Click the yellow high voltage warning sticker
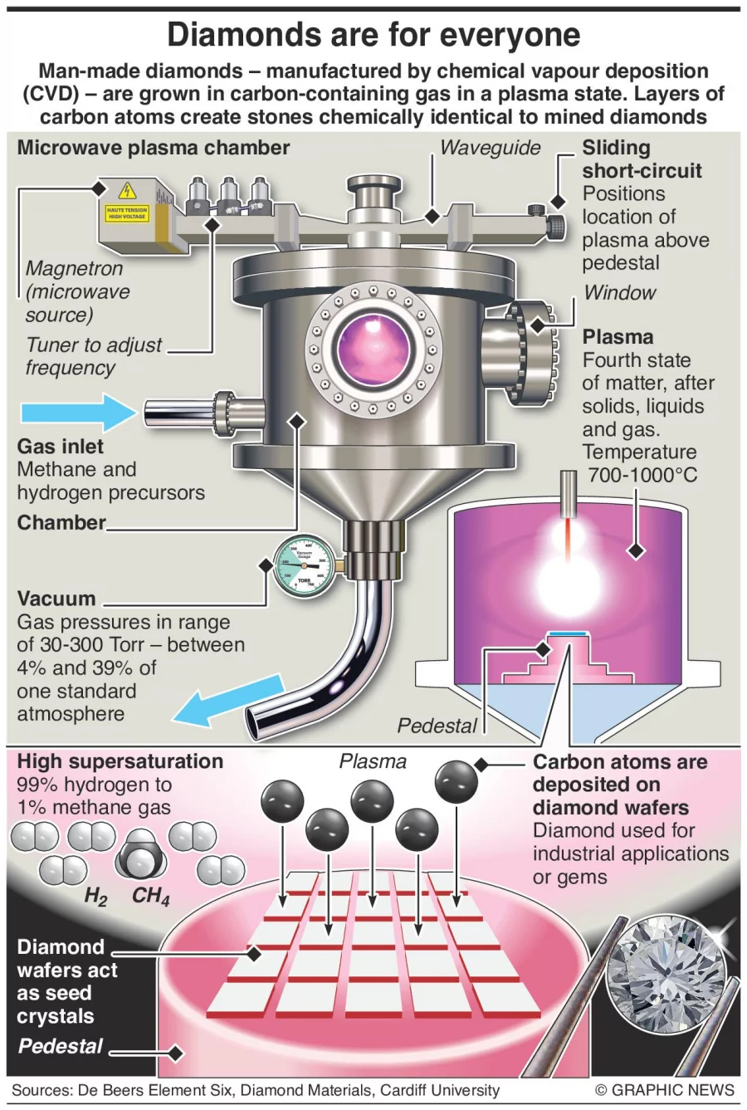127,202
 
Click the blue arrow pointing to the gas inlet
76,412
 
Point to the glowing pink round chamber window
373,350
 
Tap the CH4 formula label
150,897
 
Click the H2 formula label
95,897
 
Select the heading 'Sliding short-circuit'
642,159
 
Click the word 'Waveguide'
490,148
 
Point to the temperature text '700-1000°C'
642,475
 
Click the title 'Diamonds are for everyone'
373,35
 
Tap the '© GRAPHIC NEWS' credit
665,1090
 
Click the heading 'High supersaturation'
120,761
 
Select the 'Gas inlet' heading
61,446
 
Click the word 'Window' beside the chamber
619,292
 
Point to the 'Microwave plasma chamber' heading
154,148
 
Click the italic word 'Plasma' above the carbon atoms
373,761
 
